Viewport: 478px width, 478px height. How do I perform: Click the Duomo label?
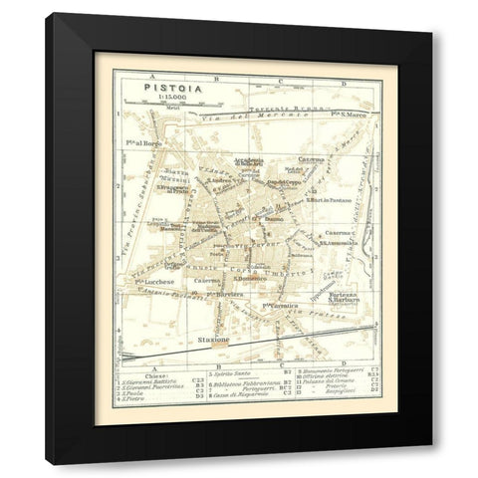(275, 215)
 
